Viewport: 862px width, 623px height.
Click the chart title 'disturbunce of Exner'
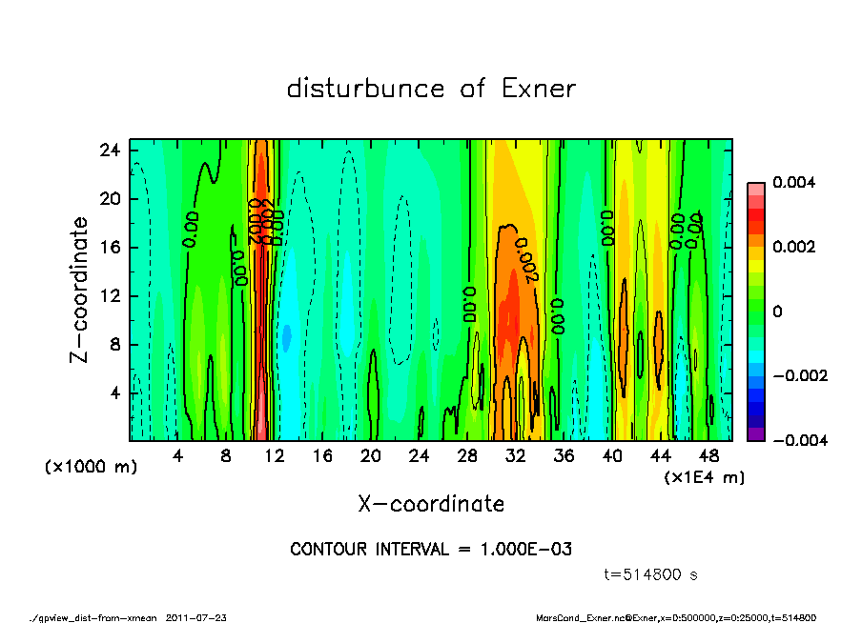pyautogui.click(x=431, y=90)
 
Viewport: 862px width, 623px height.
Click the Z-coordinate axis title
pyautogui.click(x=79, y=289)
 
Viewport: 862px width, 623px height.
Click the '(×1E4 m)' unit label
pyautogui.click(x=705, y=476)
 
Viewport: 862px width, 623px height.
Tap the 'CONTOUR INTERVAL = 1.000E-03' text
pyautogui.click(x=431, y=550)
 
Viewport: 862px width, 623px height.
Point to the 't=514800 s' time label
pyautogui.click(x=652, y=574)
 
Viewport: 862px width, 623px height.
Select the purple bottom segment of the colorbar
pyautogui.click(x=756, y=433)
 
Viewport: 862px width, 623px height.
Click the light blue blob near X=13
pyautogui.click(x=285, y=336)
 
